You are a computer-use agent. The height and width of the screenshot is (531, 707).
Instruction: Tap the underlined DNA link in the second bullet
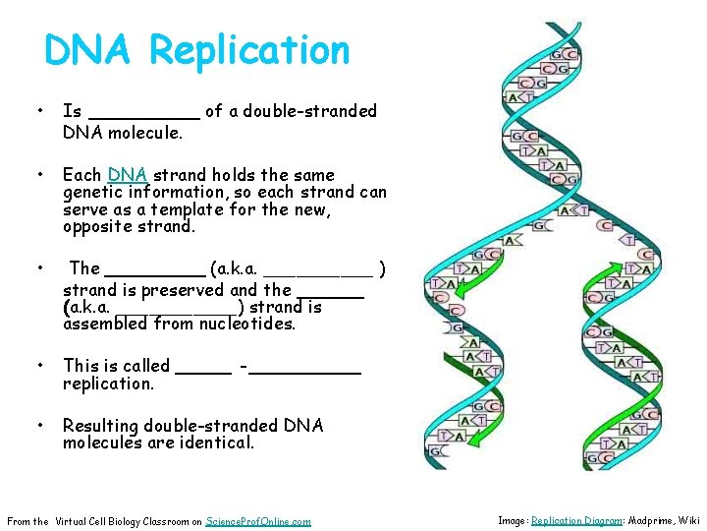[128, 176]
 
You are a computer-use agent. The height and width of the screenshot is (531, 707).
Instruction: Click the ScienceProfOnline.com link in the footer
[259, 521]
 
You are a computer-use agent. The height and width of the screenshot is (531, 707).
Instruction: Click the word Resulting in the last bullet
[100, 426]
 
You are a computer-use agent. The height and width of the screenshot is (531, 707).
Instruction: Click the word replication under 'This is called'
[108, 383]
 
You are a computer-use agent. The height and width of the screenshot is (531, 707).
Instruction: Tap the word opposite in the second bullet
[96, 226]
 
